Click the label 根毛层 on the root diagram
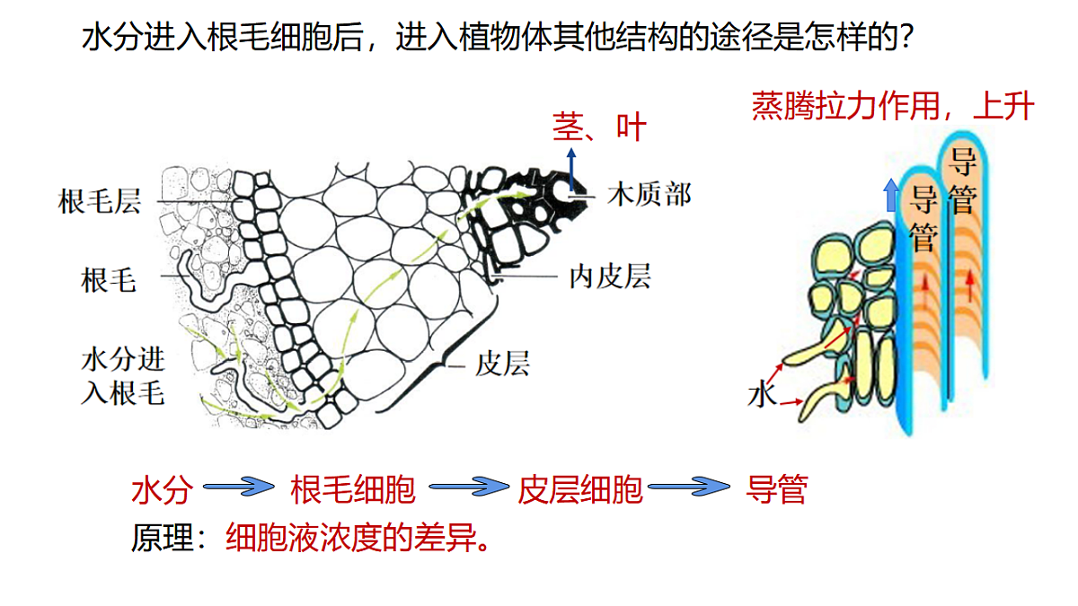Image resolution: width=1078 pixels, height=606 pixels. (99, 201)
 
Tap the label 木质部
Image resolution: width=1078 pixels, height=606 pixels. (649, 195)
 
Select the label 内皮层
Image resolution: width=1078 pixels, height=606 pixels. (610, 277)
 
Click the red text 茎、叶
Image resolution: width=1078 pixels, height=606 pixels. (599, 127)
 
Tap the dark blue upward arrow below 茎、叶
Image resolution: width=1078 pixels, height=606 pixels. (571, 170)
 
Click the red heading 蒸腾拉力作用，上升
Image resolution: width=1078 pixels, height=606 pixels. (893, 106)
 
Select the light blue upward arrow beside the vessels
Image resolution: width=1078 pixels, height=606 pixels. (891, 195)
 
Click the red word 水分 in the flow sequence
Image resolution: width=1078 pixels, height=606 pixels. (163, 490)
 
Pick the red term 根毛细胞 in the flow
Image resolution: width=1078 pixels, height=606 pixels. (353, 489)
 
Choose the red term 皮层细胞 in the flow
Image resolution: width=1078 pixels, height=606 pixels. (580, 489)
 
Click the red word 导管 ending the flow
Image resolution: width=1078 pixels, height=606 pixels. (776, 489)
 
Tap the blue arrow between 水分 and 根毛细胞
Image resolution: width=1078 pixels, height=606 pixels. (239, 487)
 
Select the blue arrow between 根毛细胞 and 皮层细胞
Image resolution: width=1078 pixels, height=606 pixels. (468, 487)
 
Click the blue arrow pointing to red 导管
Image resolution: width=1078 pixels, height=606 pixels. (689, 487)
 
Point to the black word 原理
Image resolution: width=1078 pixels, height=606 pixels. (163, 538)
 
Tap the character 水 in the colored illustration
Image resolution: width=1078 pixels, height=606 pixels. (762, 394)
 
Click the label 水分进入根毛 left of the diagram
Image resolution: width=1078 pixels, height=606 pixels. (123, 376)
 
